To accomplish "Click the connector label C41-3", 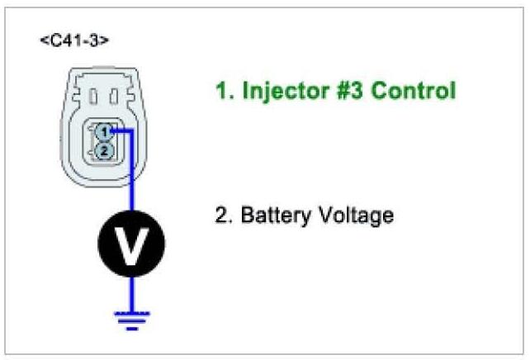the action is click(x=73, y=40).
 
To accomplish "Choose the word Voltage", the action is click(x=353, y=216).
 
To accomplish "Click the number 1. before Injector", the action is click(x=225, y=91).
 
